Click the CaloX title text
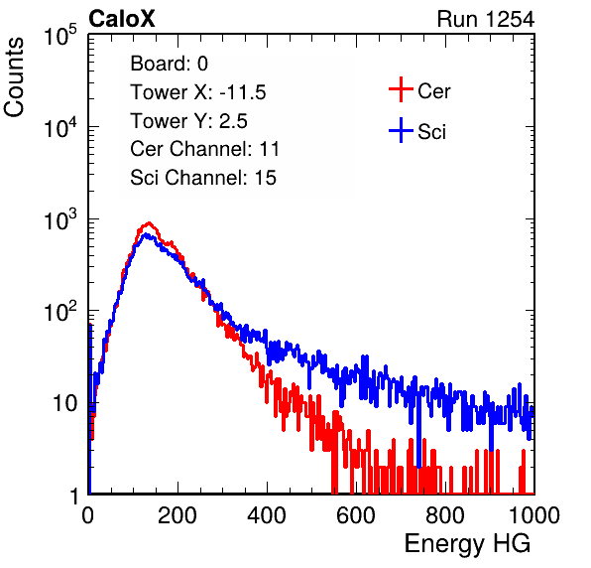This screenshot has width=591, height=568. click(x=121, y=19)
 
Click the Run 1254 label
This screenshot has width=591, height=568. click(x=486, y=19)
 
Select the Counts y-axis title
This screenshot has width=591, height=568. click(x=14, y=77)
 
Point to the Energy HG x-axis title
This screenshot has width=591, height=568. click(x=467, y=543)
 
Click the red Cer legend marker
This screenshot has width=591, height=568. click(x=401, y=89)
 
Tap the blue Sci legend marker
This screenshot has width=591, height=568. click(x=401, y=130)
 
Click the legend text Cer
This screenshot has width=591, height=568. click(x=433, y=91)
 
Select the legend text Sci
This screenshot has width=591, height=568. click(x=431, y=132)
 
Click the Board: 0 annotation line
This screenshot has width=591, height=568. click(x=169, y=64)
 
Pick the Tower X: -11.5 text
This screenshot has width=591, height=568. click(x=198, y=92)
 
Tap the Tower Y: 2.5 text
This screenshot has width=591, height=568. click(x=188, y=121)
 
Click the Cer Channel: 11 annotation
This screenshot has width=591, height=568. click(x=204, y=149)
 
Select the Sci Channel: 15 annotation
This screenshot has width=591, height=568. click(x=203, y=178)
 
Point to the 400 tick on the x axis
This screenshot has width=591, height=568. click(x=267, y=515)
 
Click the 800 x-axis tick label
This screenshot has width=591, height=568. click(x=445, y=515)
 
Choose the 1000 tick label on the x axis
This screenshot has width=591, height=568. click(x=534, y=515)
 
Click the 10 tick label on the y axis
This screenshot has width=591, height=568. click(x=64, y=403)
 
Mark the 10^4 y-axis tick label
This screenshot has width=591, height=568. click(x=60, y=127)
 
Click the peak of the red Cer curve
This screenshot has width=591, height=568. click(x=150, y=222)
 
